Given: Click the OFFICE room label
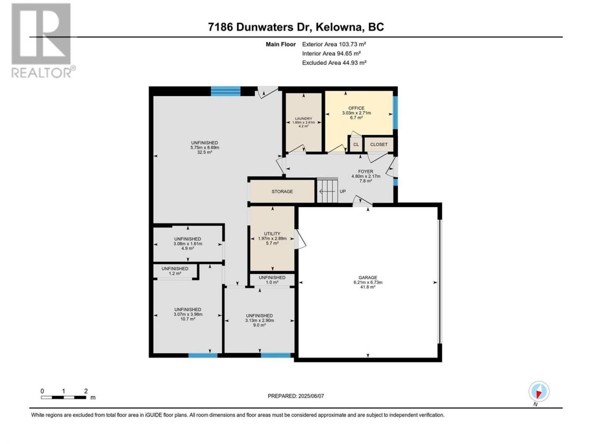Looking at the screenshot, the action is (356, 108).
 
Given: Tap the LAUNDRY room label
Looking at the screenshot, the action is (303, 118).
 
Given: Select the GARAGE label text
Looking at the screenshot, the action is (368, 277).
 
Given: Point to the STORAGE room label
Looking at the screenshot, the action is (282, 191).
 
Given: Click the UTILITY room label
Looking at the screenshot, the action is (272, 234).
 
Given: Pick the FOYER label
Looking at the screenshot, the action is (365, 172).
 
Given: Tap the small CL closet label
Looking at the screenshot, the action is (356, 144).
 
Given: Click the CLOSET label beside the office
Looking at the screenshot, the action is (379, 144).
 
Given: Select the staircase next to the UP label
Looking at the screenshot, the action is (327, 191).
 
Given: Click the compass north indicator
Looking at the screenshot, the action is (539, 392).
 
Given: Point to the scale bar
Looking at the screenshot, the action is (64, 397).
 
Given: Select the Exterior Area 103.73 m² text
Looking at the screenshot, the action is (334, 44).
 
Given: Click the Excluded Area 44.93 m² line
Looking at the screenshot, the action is (334, 63).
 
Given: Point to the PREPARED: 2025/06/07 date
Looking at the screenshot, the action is (296, 396).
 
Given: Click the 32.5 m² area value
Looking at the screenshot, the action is (204, 152).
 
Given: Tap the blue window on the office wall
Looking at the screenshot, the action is (395, 112).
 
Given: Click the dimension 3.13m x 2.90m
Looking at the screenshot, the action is (259, 321).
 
